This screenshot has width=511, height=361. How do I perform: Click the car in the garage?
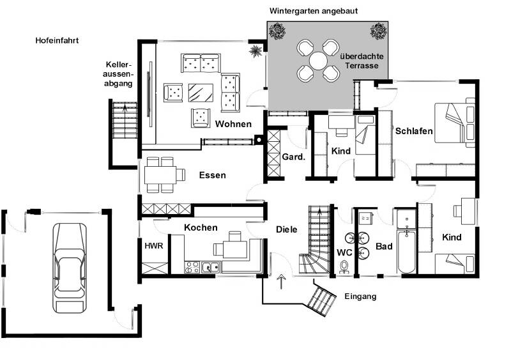tap(70, 268)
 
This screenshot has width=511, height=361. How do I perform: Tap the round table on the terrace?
tap(318, 61)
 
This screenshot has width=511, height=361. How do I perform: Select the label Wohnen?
tap(233, 124)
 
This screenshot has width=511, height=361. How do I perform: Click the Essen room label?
tap(213, 175)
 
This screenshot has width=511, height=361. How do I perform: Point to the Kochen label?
tap(201, 227)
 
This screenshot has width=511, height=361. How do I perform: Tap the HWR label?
tap(154, 245)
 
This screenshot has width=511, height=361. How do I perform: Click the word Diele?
tap(286, 229)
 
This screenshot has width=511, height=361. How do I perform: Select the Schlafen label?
tap(414, 131)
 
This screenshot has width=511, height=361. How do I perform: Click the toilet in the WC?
tap(344, 266)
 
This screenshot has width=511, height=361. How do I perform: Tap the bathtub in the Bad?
tap(406, 251)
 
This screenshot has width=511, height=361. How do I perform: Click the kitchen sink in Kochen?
tap(211, 268)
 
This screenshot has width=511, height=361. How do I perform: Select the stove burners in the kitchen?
tap(192, 267)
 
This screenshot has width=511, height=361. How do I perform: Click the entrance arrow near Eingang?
tap(281, 282)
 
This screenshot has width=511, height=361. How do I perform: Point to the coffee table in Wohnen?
tap(201, 93)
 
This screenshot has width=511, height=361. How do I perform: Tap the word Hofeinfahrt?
tap(57, 40)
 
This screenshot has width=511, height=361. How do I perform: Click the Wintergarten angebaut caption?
tap(314, 11)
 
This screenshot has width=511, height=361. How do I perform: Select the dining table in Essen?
tap(160, 175)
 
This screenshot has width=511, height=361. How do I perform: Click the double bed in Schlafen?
tap(455, 123)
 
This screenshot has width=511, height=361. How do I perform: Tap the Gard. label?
tap(294, 157)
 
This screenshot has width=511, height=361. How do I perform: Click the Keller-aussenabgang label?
tap(119, 74)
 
